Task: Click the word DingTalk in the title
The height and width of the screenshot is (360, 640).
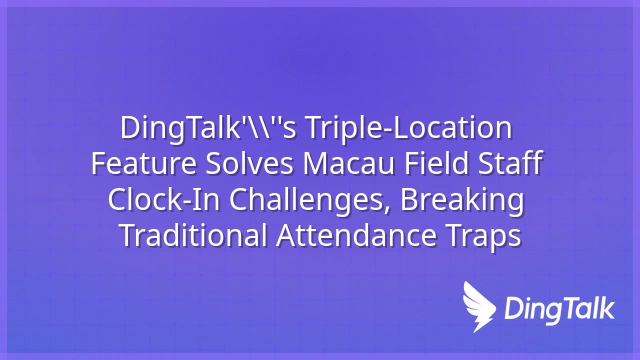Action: click(x=179, y=129)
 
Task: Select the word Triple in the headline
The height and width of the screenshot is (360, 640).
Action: click(x=343, y=129)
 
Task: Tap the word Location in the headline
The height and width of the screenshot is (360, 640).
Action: click(x=451, y=128)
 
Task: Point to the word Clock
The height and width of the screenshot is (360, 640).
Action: click(x=146, y=200)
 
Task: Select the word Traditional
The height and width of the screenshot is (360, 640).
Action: click(x=193, y=236)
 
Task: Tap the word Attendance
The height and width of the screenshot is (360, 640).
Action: click(x=356, y=236)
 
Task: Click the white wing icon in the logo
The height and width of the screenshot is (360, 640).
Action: click(x=479, y=307)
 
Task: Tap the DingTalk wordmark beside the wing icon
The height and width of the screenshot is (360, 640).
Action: click(x=560, y=309)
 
